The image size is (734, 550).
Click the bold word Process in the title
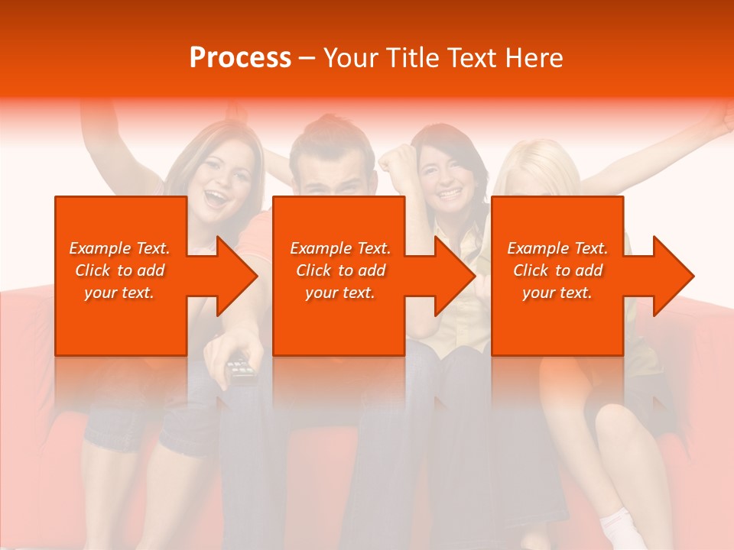(240, 58)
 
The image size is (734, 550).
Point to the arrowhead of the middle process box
(453, 276)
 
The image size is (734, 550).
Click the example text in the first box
(119, 270)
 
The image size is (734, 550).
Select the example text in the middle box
(339, 270)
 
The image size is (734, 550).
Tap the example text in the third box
(557, 270)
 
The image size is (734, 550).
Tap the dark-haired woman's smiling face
(446, 180)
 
